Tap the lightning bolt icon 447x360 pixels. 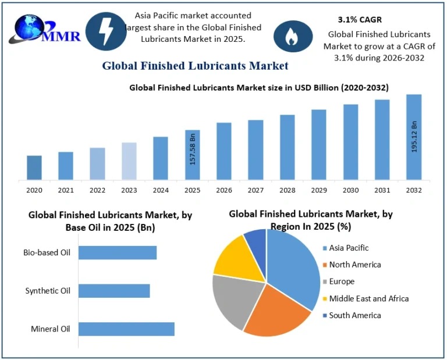click(x=106, y=30)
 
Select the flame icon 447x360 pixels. click(x=292, y=36)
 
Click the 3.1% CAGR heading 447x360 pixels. click(x=360, y=20)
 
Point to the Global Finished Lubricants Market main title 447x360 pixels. click(x=195, y=66)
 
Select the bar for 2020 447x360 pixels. click(x=34, y=167)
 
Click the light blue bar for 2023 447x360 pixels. click(x=129, y=161)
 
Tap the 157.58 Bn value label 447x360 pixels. click(x=193, y=150)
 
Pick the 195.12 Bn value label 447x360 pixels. click(x=414, y=137)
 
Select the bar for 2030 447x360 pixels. click(x=350, y=142)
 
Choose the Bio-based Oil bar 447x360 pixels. click(x=118, y=252)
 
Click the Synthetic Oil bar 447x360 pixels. click(x=114, y=291)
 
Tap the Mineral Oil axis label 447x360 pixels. click(x=50, y=329)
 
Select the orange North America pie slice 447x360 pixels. click(x=276, y=314)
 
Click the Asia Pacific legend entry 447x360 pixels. click(x=349, y=248)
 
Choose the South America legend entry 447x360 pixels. click(x=354, y=315)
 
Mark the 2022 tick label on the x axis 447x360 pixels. click(x=98, y=190)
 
